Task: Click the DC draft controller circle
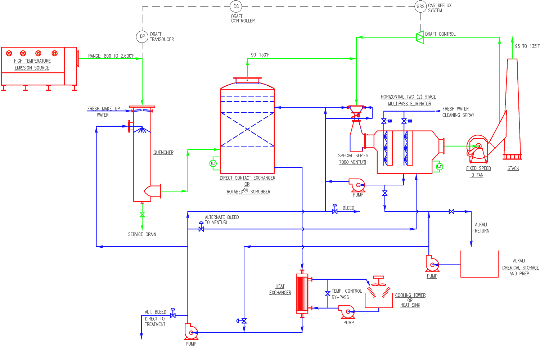[x=236, y=6]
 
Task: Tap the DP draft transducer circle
[x=142, y=36]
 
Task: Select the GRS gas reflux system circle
[x=420, y=6]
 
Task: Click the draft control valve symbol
[x=420, y=37]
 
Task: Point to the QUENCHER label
[x=163, y=153]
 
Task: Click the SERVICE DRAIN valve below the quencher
[x=142, y=215]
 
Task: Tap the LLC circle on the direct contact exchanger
[x=213, y=163]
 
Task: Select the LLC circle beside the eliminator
[x=439, y=167]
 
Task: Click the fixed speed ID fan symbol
[x=477, y=148]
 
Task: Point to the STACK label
[x=513, y=168]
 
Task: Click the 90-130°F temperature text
[x=260, y=55]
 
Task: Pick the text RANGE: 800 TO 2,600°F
[x=111, y=56]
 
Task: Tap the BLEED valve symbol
[x=335, y=211]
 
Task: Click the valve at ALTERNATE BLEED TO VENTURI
[x=201, y=228]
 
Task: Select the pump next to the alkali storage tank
[x=432, y=264]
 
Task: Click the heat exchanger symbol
[x=302, y=293]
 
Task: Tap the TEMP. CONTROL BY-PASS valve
[x=328, y=294]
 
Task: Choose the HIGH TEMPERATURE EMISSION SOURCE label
[x=32, y=64]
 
